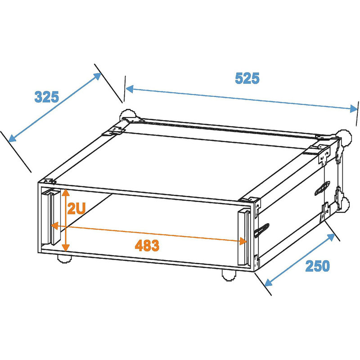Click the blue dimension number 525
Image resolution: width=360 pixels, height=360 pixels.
click(247, 78)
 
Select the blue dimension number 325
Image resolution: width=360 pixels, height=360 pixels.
click(47, 96)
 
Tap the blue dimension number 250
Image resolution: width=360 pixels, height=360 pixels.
click(317, 266)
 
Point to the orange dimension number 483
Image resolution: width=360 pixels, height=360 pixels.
click(147, 245)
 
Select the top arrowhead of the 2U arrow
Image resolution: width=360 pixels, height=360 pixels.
click(66, 192)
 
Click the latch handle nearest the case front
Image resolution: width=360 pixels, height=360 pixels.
click(261, 230)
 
